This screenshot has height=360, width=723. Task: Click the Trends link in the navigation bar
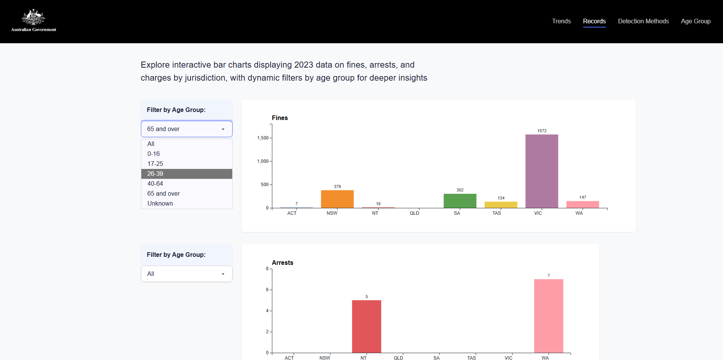pos(561,21)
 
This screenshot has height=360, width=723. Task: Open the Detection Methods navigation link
pos(643,21)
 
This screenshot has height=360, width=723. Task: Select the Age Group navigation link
pos(696,21)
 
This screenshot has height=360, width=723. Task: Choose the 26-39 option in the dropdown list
pos(186,174)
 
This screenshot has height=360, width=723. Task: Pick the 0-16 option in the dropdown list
pos(186,154)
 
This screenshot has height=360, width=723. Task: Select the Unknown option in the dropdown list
pos(186,204)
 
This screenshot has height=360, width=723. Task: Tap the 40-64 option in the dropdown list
pos(186,184)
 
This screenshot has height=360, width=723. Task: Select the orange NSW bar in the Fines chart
pos(337,199)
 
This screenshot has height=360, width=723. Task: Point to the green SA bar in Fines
pos(460,201)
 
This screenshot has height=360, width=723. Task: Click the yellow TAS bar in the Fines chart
pos(501,205)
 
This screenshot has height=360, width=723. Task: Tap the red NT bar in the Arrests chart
pos(366,326)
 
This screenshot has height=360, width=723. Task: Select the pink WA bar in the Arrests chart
pos(548,316)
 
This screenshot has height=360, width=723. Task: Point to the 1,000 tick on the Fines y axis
pos(263,161)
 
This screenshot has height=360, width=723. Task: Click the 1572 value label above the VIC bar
pos(542,131)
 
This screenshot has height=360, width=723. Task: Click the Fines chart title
pos(280,118)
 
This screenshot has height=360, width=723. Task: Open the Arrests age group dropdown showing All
pos(186,274)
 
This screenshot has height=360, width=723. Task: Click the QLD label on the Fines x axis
pos(414,213)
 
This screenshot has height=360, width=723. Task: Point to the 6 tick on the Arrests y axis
pos(267,290)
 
